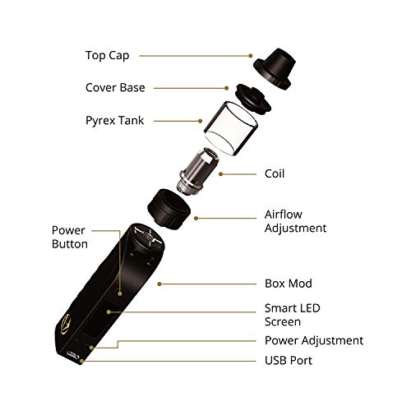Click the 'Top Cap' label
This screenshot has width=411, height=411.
107,56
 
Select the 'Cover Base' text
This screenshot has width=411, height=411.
115,88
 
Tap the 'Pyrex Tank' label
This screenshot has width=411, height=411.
114,121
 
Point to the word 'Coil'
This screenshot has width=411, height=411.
275,173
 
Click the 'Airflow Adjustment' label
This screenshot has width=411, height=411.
295,221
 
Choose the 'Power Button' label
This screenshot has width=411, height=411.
70,238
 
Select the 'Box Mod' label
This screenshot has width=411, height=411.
289,284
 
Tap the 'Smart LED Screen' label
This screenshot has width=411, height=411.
292,315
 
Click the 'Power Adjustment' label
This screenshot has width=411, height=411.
314,340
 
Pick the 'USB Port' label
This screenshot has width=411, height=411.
289,361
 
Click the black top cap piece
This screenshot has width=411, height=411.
274,68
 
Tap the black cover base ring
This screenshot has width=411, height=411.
253,98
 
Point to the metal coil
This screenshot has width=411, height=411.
197,171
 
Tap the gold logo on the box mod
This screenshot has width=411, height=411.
66,326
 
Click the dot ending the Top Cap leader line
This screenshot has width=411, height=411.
251,56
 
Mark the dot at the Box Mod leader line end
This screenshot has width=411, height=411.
159,284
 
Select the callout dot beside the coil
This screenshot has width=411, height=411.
220,174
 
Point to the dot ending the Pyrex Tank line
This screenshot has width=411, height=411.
201,121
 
